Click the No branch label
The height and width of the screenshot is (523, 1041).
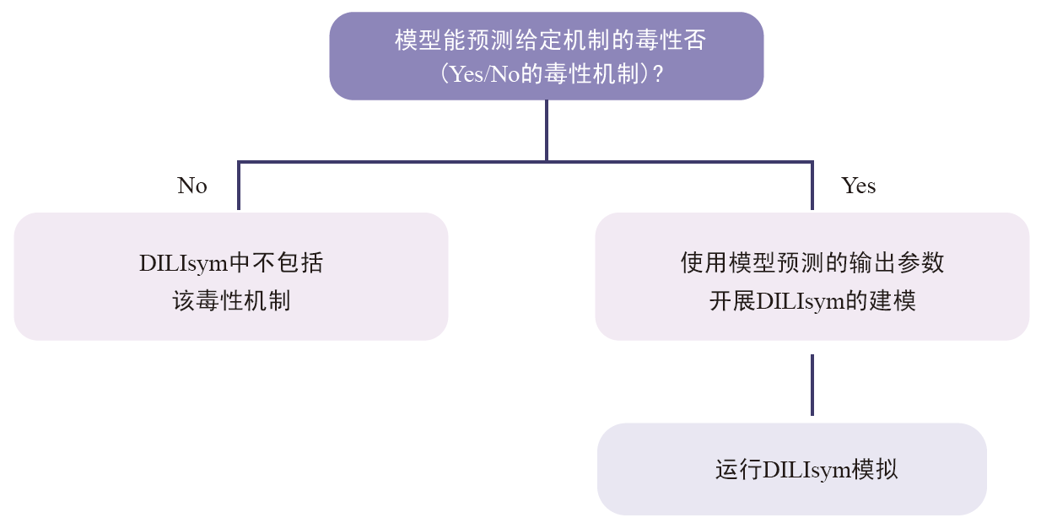coord(192,186)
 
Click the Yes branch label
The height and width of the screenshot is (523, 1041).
coord(858,186)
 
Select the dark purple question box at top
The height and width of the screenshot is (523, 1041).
coord(547,57)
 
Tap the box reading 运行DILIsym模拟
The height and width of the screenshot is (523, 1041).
coord(792,469)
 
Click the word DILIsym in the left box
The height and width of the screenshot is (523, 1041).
coord(184,263)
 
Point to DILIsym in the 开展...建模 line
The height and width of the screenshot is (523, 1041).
coord(801,301)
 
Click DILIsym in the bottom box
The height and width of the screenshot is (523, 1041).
coord(806,470)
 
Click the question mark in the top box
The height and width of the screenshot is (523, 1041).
coord(658,74)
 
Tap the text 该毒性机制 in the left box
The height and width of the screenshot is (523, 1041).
coord(231,301)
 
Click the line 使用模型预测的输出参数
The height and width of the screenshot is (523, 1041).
coord(812,262)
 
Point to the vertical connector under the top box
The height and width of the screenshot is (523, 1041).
coord(547,131)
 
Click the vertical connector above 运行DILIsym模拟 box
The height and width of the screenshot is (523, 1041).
coord(812,385)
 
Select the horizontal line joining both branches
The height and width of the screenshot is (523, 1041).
coord(526,162)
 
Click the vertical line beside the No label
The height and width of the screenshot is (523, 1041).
coord(239,186)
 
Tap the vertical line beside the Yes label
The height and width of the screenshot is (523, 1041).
coord(812,186)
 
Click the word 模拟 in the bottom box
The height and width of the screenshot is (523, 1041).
coord(875,470)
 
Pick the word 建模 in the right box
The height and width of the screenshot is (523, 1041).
coord(893,301)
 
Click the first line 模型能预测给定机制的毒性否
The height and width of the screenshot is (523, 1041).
coord(551,40)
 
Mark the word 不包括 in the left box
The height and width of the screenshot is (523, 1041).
coord(289,262)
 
